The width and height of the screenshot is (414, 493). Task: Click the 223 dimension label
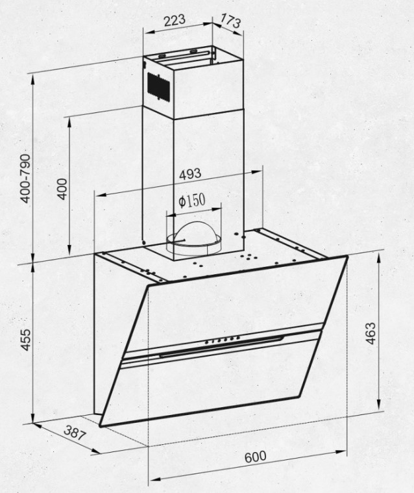click(175, 20)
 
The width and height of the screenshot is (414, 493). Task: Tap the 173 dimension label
click(230, 20)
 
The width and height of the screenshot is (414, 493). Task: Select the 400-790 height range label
click(25, 179)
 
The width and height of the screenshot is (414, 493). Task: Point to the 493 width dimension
click(189, 174)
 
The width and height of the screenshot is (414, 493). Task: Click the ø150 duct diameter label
click(192, 201)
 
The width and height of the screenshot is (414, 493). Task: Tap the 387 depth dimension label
click(75, 433)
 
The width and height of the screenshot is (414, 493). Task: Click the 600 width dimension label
click(256, 457)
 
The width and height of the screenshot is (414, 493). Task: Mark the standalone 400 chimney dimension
click(63, 188)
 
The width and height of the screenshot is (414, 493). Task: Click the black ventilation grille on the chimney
click(158, 87)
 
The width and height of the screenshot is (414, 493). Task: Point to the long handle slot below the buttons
click(221, 346)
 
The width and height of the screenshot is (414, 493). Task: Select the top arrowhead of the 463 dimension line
click(378, 259)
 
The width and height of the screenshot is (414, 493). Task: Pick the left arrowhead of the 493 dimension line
click(101, 196)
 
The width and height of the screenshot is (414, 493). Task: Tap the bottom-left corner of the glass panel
click(100, 426)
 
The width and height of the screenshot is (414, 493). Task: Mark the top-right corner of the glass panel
click(347, 257)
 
